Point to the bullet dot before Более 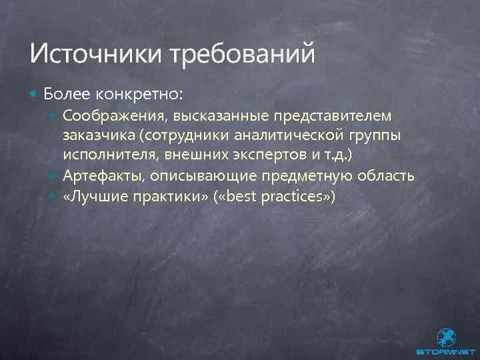click(x=34, y=93)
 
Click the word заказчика click(x=97, y=137)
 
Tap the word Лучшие click(x=95, y=197)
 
